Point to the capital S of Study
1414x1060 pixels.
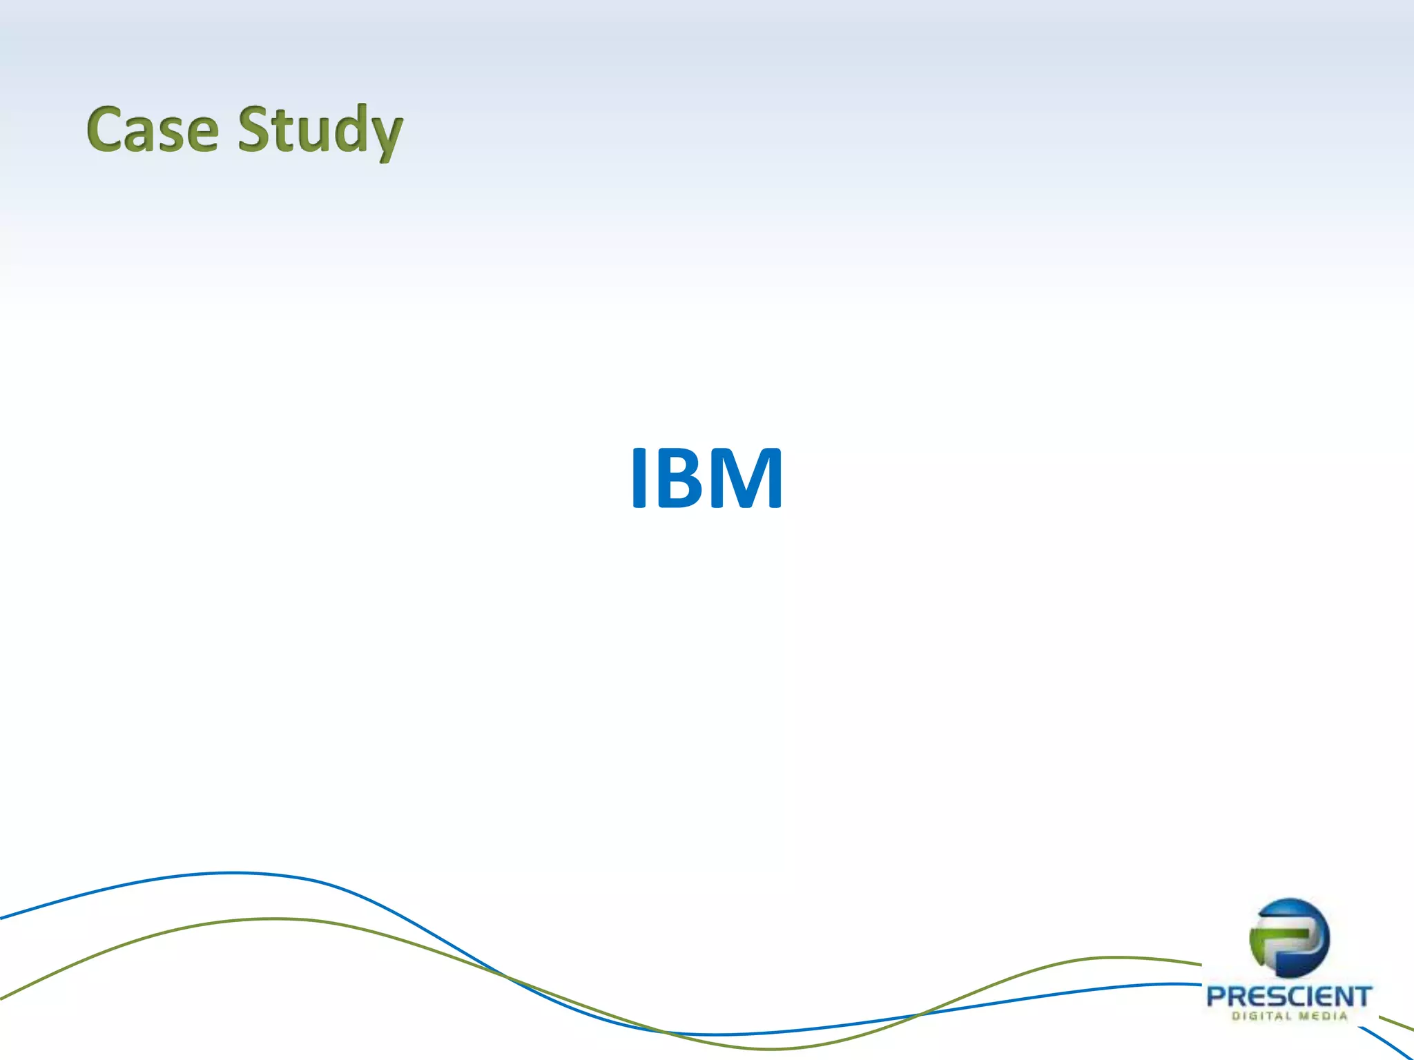coord(255,129)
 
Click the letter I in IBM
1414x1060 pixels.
coord(639,478)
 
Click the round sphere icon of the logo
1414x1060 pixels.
coord(1289,938)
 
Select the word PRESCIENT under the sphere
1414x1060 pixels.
coord(1288,997)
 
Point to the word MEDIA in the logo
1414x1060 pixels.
coord(1322,1016)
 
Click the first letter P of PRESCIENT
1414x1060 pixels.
coord(1217,997)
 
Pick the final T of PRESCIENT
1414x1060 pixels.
coord(1362,997)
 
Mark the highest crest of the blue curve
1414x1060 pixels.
coord(235,873)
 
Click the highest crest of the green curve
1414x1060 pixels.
coord(276,919)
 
